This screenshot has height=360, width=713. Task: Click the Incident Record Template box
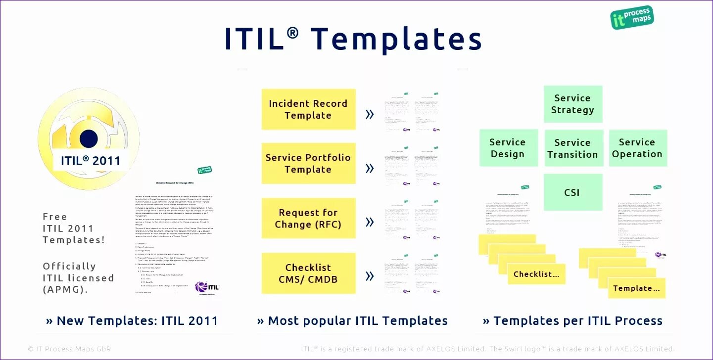click(308, 109)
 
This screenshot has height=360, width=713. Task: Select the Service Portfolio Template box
click(308, 163)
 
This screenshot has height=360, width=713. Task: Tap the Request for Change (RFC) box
click(308, 218)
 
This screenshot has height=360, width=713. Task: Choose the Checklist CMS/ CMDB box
click(308, 273)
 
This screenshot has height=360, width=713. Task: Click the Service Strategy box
click(572, 104)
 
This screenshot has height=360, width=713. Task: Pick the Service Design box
click(508, 148)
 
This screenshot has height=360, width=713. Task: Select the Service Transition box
click(573, 148)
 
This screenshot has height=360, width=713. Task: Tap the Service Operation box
click(637, 148)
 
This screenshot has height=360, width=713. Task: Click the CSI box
click(572, 192)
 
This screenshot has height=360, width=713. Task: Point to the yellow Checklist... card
click(536, 274)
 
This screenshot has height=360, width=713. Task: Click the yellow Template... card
click(636, 288)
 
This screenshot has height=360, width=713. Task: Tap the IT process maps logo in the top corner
click(632, 18)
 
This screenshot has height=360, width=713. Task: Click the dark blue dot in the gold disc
click(89, 138)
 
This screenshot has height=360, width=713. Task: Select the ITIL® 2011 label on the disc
click(91, 161)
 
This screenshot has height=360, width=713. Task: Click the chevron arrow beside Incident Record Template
click(369, 115)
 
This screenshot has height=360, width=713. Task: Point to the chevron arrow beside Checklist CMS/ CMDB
click(369, 276)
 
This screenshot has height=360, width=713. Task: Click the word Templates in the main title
click(396, 39)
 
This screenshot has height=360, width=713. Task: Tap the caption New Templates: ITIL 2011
click(132, 321)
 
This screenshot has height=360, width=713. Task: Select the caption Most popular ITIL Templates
click(352, 321)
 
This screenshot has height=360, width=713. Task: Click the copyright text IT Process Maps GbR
click(69, 349)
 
